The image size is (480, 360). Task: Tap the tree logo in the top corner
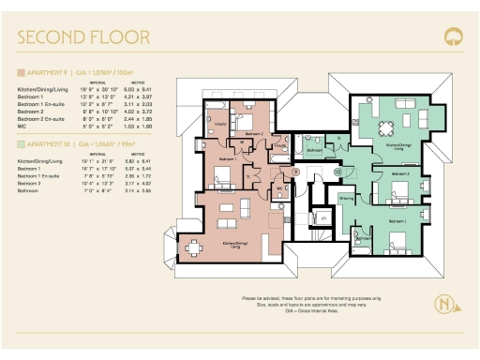(453, 37)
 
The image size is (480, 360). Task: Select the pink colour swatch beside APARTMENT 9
(21, 71)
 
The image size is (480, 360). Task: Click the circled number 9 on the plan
(295, 172)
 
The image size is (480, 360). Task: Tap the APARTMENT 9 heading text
(52, 71)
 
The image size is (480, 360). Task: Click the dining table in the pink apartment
(194, 246)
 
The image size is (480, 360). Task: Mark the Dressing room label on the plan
(346, 198)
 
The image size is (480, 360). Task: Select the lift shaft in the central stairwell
(322, 217)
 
